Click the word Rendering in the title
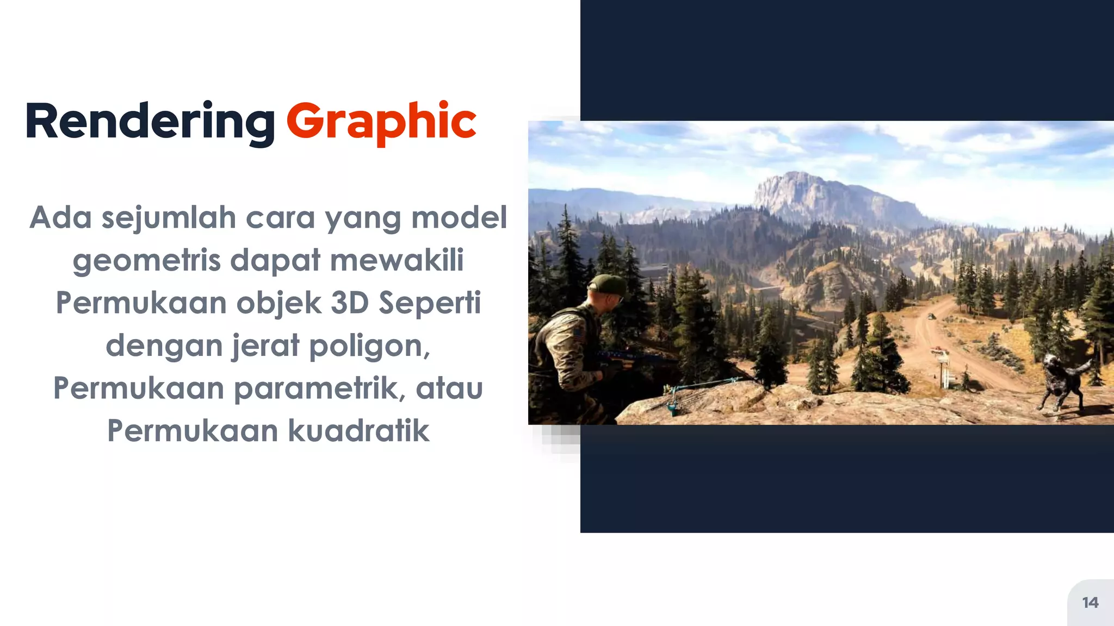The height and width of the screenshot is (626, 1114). pyautogui.click(x=150, y=122)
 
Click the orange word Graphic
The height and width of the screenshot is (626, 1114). pyautogui.click(x=381, y=122)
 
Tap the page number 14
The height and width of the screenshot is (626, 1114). pyautogui.click(x=1090, y=603)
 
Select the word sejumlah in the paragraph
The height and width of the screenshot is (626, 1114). pyautogui.click(x=169, y=218)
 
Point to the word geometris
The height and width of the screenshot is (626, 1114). pyautogui.click(x=146, y=261)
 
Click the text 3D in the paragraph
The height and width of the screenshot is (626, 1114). pyautogui.click(x=350, y=303)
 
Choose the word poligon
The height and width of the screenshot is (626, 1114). pyautogui.click(x=370, y=346)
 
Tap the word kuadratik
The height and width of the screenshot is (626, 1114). pyautogui.click(x=358, y=431)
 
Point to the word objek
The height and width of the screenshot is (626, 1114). pyautogui.click(x=278, y=303)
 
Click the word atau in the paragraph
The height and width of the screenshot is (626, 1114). pyautogui.click(x=449, y=389)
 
